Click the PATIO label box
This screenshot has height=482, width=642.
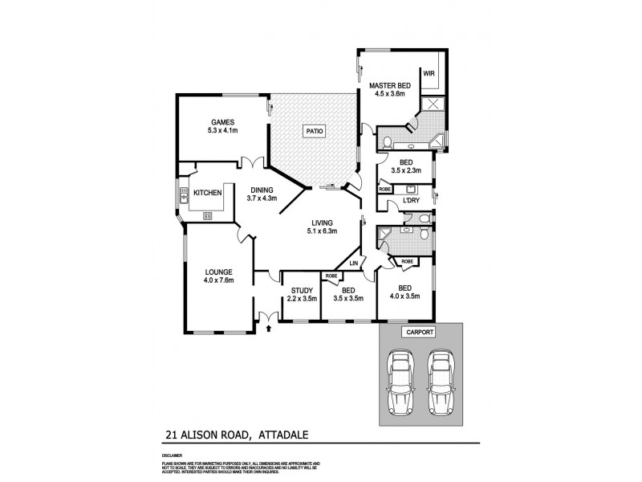point(313,132)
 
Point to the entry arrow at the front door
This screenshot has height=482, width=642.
point(268,327)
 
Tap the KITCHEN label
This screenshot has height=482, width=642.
point(208,193)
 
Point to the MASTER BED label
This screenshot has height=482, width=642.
point(391,84)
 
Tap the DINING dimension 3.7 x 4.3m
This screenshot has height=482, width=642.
point(261,198)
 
